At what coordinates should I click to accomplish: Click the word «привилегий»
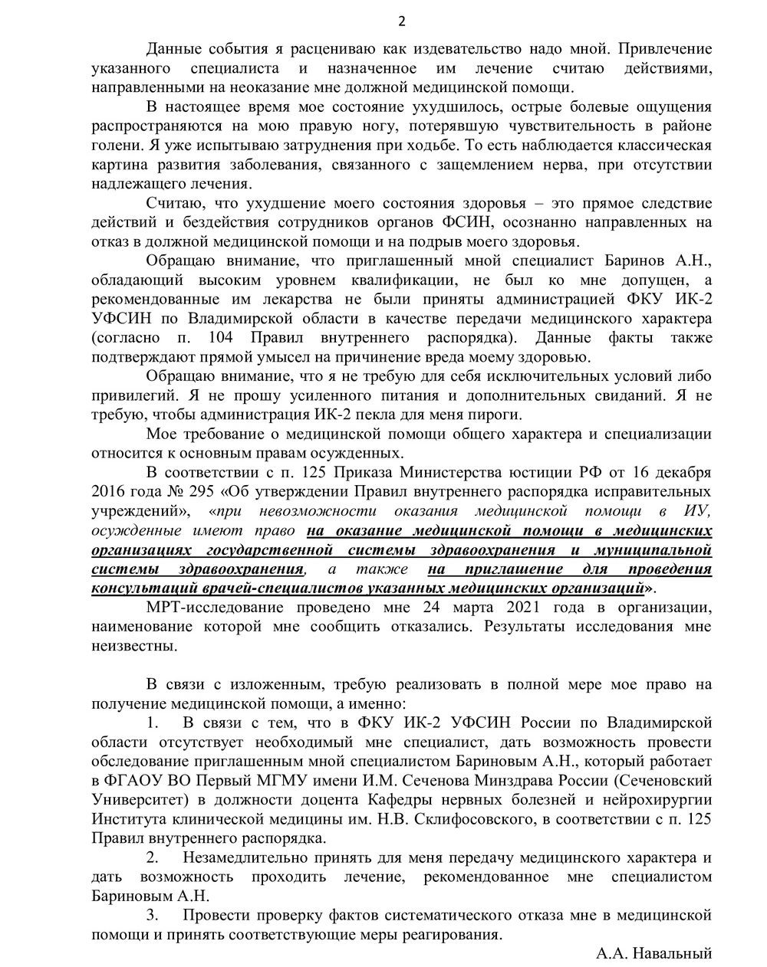[x=133, y=396]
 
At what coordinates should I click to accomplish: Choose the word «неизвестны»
[x=134, y=646]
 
